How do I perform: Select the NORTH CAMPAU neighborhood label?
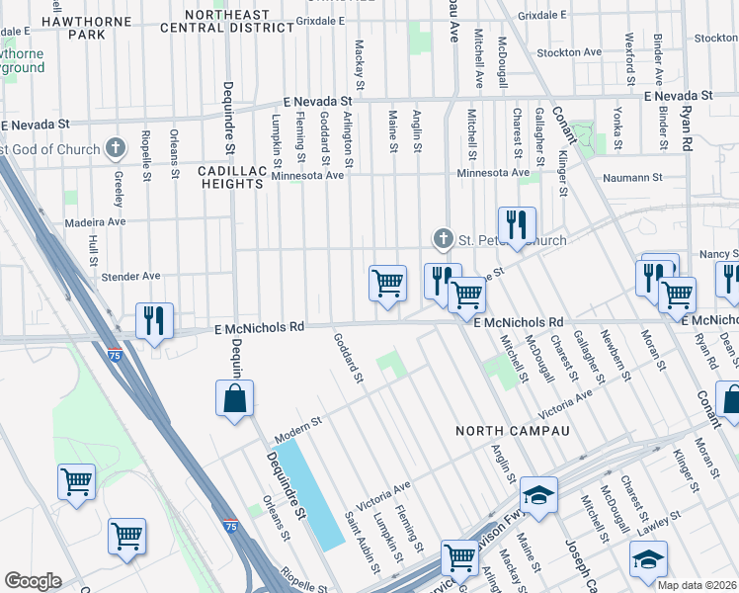point(513,431)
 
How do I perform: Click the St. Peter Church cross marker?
point(443,239)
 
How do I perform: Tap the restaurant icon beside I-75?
point(154,320)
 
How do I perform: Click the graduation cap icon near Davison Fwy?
point(538,496)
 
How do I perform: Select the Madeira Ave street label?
point(95,223)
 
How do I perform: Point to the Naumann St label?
point(635,177)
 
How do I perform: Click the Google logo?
point(33,581)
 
